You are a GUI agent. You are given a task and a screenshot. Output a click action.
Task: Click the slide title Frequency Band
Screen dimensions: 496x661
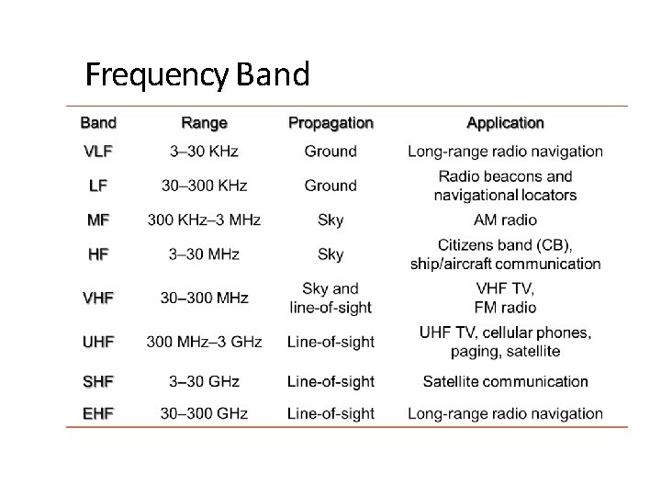coord(197,74)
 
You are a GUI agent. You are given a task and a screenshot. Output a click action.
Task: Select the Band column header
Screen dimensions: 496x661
coord(98,123)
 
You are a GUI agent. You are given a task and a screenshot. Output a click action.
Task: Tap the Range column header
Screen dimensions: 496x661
coord(204,123)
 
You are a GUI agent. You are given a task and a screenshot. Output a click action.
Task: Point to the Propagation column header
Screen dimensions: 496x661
coord(330,123)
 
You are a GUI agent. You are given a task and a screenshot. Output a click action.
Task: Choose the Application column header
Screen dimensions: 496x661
coord(505,123)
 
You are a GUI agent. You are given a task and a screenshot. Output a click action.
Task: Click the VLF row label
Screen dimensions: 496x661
coord(98,152)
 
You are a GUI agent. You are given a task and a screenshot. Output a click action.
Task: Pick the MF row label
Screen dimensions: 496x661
coord(98,220)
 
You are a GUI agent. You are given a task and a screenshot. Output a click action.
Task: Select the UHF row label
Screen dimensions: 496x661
coord(98,342)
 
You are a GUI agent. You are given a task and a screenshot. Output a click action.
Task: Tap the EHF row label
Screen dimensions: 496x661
coord(98,413)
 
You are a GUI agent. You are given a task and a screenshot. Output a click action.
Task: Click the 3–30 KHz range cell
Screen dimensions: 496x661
coord(204,152)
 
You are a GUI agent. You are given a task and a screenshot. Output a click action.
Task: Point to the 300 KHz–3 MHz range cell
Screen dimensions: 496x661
coord(204,220)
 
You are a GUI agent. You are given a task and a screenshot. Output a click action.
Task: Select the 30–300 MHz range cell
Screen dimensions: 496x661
coord(204,298)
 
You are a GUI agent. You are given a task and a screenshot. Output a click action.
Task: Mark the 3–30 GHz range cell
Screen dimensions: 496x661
coord(204,381)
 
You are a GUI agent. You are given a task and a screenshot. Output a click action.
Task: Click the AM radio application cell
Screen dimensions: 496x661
coord(505,220)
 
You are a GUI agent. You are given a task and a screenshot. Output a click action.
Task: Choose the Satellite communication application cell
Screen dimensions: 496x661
coord(505,381)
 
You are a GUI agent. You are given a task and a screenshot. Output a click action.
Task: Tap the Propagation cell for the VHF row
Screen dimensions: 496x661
coord(330,298)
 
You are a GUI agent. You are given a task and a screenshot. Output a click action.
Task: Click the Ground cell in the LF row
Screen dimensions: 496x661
coord(330,186)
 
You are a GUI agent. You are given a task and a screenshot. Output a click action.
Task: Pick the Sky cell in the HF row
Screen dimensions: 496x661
coord(330,254)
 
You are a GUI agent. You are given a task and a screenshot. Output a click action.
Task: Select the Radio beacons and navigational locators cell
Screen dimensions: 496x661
coord(505,186)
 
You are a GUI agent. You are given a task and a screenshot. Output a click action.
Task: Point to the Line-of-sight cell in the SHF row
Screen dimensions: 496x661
coord(330,381)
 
